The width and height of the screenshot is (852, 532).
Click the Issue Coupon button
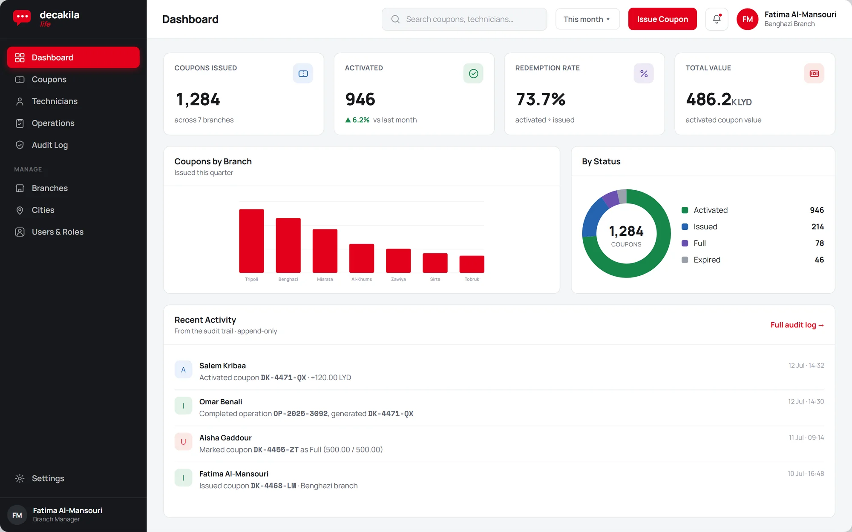[x=662, y=19]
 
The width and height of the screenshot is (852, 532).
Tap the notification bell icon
[x=717, y=19]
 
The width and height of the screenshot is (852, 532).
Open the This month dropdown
[x=587, y=19]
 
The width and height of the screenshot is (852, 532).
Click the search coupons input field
[x=464, y=19]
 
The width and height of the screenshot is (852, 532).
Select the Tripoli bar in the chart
[x=251, y=241]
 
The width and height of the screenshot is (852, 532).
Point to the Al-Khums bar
[x=362, y=258]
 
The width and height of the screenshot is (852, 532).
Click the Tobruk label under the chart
[x=472, y=279]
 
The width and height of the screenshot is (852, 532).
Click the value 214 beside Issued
[x=817, y=227]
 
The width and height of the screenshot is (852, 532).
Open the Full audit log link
[x=797, y=325]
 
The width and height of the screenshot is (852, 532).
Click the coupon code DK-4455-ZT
[x=276, y=450]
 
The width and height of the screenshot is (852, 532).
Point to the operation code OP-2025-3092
[x=300, y=414]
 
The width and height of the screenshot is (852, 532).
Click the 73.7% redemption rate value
[x=540, y=99]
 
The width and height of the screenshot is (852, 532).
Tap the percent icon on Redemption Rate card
[x=644, y=74]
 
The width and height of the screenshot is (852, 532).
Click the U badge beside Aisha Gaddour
[x=183, y=442]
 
